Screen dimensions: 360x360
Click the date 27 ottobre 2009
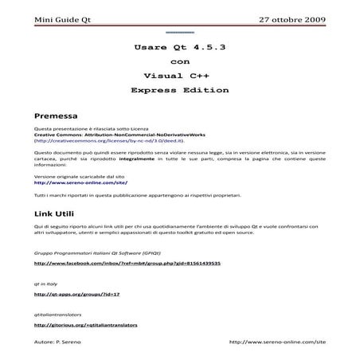click(293, 18)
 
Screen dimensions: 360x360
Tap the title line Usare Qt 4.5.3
click(180, 48)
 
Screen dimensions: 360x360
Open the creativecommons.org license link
click(106, 139)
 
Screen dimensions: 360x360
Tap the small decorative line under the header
click(179, 33)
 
